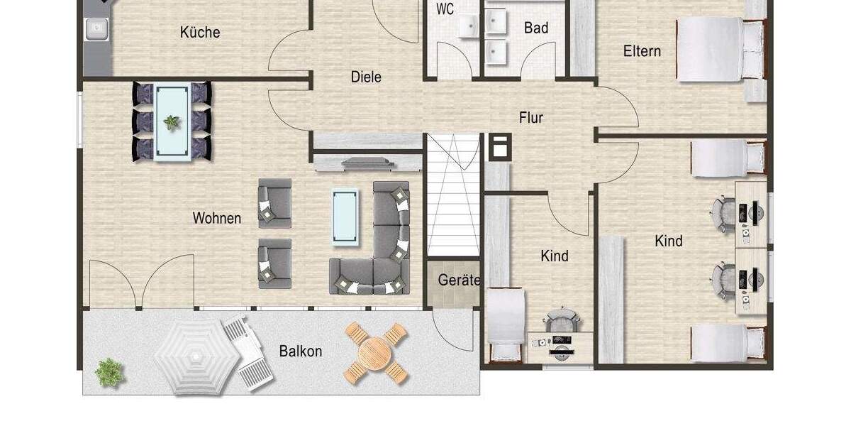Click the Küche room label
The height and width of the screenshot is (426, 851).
[x=200, y=32]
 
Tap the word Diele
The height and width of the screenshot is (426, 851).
[x=366, y=77]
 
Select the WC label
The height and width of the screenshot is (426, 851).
[x=445, y=9]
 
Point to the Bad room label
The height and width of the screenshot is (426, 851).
[x=536, y=28]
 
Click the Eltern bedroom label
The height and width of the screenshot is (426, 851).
[x=642, y=51]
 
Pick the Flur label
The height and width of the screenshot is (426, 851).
[x=531, y=118]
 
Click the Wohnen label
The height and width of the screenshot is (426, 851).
[x=217, y=219]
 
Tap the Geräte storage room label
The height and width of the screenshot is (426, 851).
[x=459, y=280]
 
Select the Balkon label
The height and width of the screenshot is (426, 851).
[x=301, y=351]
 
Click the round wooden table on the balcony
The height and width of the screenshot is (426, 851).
[x=376, y=351]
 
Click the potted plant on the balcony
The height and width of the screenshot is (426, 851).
[x=109, y=371]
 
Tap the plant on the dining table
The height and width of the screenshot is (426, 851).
[x=172, y=123]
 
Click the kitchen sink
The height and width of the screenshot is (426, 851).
[x=95, y=28]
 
